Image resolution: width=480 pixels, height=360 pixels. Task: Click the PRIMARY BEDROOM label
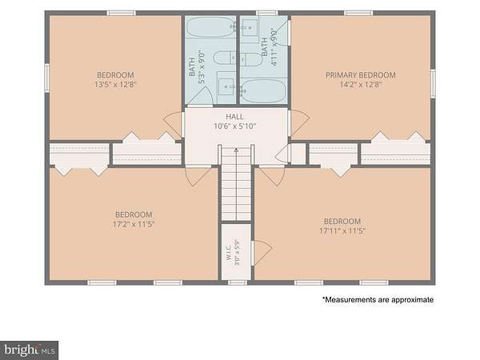click(x=360, y=75)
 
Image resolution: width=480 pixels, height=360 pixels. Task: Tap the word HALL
click(x=234, y=117)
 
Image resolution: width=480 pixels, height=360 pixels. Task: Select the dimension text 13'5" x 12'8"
click(x=115, y=85)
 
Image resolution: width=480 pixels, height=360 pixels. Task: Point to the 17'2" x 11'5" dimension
click(x=134, y=224)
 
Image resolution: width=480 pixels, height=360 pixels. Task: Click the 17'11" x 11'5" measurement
click(x=342, y=231)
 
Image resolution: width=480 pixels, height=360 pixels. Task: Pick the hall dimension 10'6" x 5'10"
click(x=234, y=126)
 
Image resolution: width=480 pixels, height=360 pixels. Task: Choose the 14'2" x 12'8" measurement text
click(x=360, y=85)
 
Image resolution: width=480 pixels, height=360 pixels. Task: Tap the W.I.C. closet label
click(x=228, y=253)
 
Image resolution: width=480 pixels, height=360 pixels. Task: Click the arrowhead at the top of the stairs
click(x=236, y=150)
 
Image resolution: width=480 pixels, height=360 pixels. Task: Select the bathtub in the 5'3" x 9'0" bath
click(x=210, y=27)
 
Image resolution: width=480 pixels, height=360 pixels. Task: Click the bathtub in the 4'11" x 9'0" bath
click(x=263, y=91)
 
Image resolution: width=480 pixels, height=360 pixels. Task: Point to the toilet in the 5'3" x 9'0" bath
click(x=224, y=58)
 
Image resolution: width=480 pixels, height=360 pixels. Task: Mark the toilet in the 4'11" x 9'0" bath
click(x=250, y=59)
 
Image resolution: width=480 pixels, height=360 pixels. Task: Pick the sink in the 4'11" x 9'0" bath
click(x=250, y=27)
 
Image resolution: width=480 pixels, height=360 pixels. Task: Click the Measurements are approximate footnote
click(x=378, y=300)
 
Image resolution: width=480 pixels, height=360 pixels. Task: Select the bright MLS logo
click(x=29, y=350)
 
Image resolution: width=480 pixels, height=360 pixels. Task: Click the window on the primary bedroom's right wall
click(x=433, y=83)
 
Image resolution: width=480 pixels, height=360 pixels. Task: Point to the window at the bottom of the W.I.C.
click(x=238, y=282)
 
